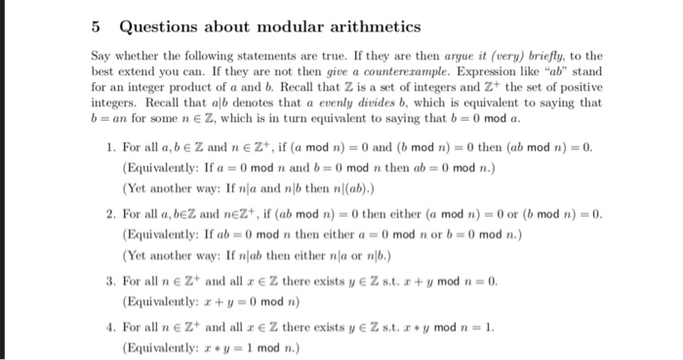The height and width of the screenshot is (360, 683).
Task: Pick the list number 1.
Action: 110,146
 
